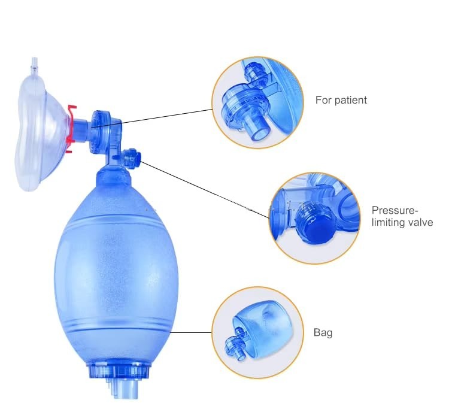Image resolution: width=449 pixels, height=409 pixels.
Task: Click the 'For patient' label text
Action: (341, 100)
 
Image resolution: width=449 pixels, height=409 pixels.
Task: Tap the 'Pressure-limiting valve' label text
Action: (402, 216)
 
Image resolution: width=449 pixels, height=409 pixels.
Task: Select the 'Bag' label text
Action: (323, 333)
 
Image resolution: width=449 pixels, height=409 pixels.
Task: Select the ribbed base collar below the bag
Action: (119, 371)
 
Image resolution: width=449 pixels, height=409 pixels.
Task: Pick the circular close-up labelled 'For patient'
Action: (257, 102)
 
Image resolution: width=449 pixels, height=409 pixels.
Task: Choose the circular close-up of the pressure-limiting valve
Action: (314, 218)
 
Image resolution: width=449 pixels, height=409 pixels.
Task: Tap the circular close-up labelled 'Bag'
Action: (257, 332)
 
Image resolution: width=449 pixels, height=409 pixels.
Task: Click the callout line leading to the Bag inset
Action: (192, 332)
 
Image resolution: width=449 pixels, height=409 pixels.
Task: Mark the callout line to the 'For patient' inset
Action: (152, 118)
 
